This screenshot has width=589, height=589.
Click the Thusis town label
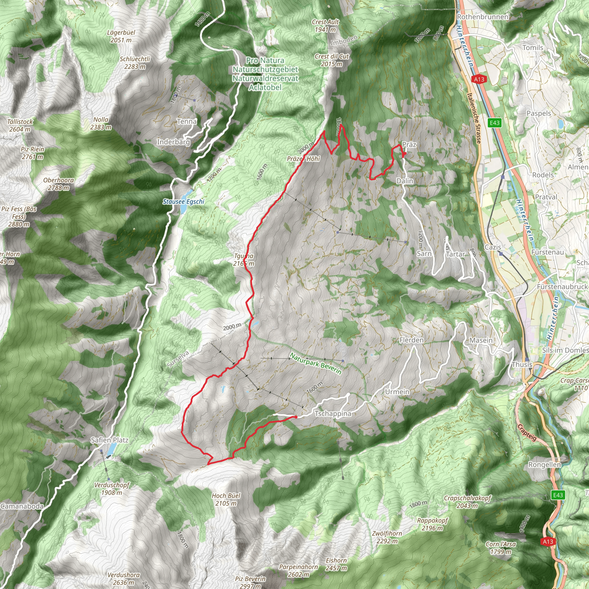pos(522,364)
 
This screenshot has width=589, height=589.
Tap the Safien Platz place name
pos(110,440)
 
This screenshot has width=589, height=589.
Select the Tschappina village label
pos(333,414)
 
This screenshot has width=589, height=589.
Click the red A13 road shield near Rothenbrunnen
pos(479,79)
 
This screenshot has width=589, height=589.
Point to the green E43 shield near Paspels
pos(494,123)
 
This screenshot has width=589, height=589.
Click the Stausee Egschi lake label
pos(183,202)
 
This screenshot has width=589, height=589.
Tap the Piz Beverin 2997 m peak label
pos(250,582)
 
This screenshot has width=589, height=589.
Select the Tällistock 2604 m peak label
pos(20,125)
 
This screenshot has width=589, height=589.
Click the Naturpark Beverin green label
pos(315,364)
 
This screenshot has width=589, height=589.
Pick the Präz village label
pos(409,144)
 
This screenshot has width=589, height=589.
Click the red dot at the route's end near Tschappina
pos(296,417)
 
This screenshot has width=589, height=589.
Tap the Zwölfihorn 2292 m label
pos(387,537)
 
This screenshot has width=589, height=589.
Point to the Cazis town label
pos(493,247)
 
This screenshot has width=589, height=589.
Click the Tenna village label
pos(187,121)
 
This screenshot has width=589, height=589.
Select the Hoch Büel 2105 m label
pos(226,499)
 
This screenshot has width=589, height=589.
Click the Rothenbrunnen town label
pos(483,17)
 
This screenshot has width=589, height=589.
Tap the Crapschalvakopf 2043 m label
pos(467,502)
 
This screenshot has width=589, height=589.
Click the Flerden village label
pos(411,340)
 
